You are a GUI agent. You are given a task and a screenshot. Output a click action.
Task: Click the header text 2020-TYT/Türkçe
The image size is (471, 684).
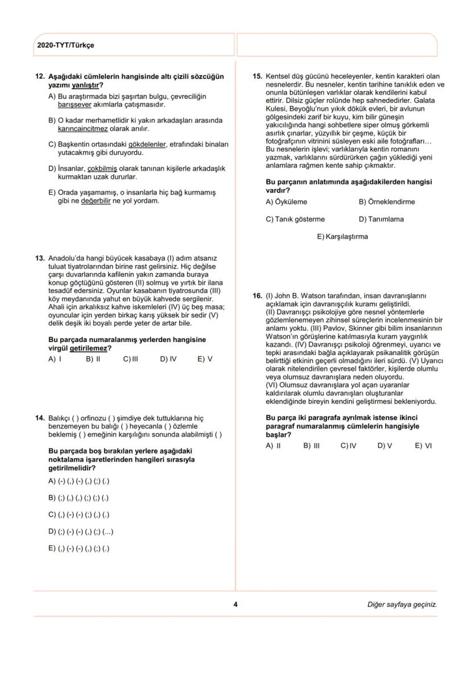[x=65, y=45]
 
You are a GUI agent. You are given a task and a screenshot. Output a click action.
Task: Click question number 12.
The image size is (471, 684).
[x=40, y=76]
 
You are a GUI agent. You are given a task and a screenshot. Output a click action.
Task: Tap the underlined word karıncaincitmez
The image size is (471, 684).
[x=83, y=129]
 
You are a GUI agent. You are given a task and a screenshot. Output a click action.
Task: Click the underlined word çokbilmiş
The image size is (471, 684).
[x=102, y=168]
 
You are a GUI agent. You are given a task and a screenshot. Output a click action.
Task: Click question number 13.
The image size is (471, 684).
[x=40, y=258]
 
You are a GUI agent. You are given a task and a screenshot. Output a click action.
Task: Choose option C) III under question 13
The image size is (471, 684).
[x=131, y=359]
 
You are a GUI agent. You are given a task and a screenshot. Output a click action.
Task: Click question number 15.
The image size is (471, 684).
[x=257, y=76]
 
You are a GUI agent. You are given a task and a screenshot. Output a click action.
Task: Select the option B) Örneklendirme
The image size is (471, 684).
[x=386, y=202]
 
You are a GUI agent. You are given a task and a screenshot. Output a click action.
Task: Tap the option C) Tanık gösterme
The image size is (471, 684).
[x=295, y=219]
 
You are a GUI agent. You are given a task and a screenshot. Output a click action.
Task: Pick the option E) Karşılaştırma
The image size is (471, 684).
[x=342, y=237]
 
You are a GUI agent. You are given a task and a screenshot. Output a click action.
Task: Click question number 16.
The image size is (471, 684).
[x=257, y=296]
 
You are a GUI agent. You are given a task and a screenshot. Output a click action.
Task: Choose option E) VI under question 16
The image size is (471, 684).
[x=423, y=446]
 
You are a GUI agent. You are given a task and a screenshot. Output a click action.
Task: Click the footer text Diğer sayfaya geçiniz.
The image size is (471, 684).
[x=402, y=604]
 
